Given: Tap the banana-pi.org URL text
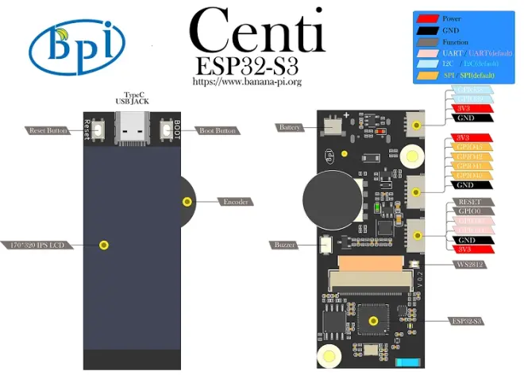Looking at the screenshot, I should click(x=248, y=81).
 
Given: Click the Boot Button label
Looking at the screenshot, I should click(x=217, y=130).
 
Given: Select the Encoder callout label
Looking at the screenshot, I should click(x=236, y=202).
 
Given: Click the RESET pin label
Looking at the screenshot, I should click(x=465, y=203).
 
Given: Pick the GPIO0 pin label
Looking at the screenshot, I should click(x=465, y=212).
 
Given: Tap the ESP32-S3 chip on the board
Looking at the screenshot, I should click(x=373, y=320).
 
